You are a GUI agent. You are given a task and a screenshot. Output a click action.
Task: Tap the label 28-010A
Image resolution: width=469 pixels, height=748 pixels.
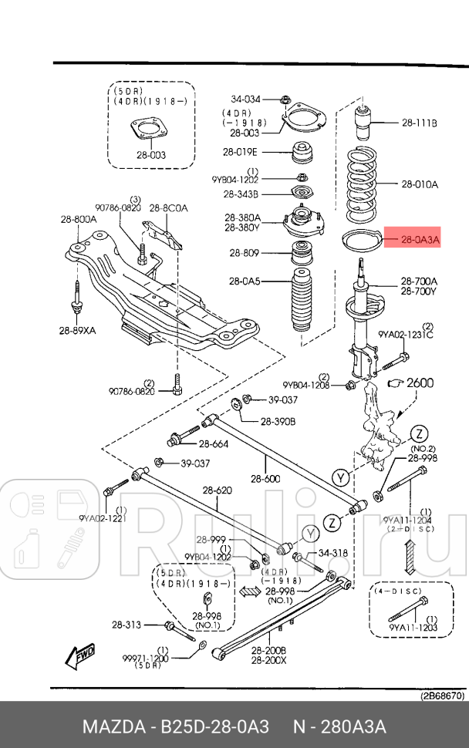419,184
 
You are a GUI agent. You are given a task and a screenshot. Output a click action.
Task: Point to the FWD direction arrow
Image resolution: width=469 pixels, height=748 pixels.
82,655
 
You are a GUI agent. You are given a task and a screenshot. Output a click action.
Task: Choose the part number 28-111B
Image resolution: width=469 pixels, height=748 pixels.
419,123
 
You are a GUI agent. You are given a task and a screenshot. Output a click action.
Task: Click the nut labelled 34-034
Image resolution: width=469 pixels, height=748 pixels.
285,99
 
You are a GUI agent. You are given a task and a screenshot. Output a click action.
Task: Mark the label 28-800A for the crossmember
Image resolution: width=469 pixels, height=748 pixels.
79,219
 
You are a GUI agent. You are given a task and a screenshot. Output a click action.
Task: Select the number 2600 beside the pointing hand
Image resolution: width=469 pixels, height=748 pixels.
420,382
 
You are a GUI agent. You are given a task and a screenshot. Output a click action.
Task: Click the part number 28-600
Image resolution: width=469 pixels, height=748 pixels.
266,479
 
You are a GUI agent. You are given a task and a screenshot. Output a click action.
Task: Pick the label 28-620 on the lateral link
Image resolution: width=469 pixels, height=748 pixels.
218,490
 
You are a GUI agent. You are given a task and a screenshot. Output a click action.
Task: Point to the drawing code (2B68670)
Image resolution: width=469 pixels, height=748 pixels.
442,695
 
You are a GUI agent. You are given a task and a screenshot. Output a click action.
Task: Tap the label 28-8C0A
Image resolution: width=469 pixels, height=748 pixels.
168,208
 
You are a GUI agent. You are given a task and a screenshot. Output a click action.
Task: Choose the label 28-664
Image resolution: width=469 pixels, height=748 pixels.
214,443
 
